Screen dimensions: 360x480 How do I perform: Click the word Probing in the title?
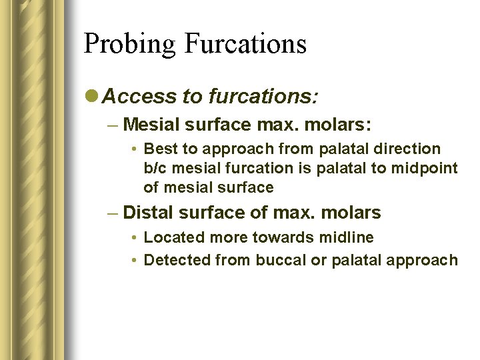coord(129,44)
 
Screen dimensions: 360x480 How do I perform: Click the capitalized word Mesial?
coord(149,124)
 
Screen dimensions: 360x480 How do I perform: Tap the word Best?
coord(160,149)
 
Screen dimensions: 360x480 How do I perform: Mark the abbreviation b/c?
coord(155,168)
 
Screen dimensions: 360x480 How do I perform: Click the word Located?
coord(171,237)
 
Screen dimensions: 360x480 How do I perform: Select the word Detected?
coord(176,259)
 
